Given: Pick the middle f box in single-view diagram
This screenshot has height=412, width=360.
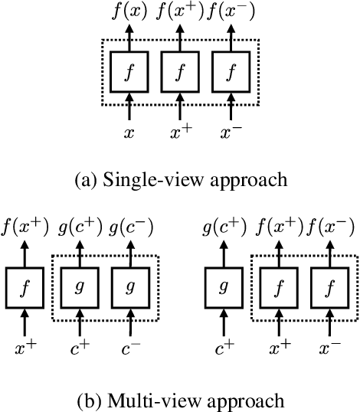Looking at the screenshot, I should coord(182,75).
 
